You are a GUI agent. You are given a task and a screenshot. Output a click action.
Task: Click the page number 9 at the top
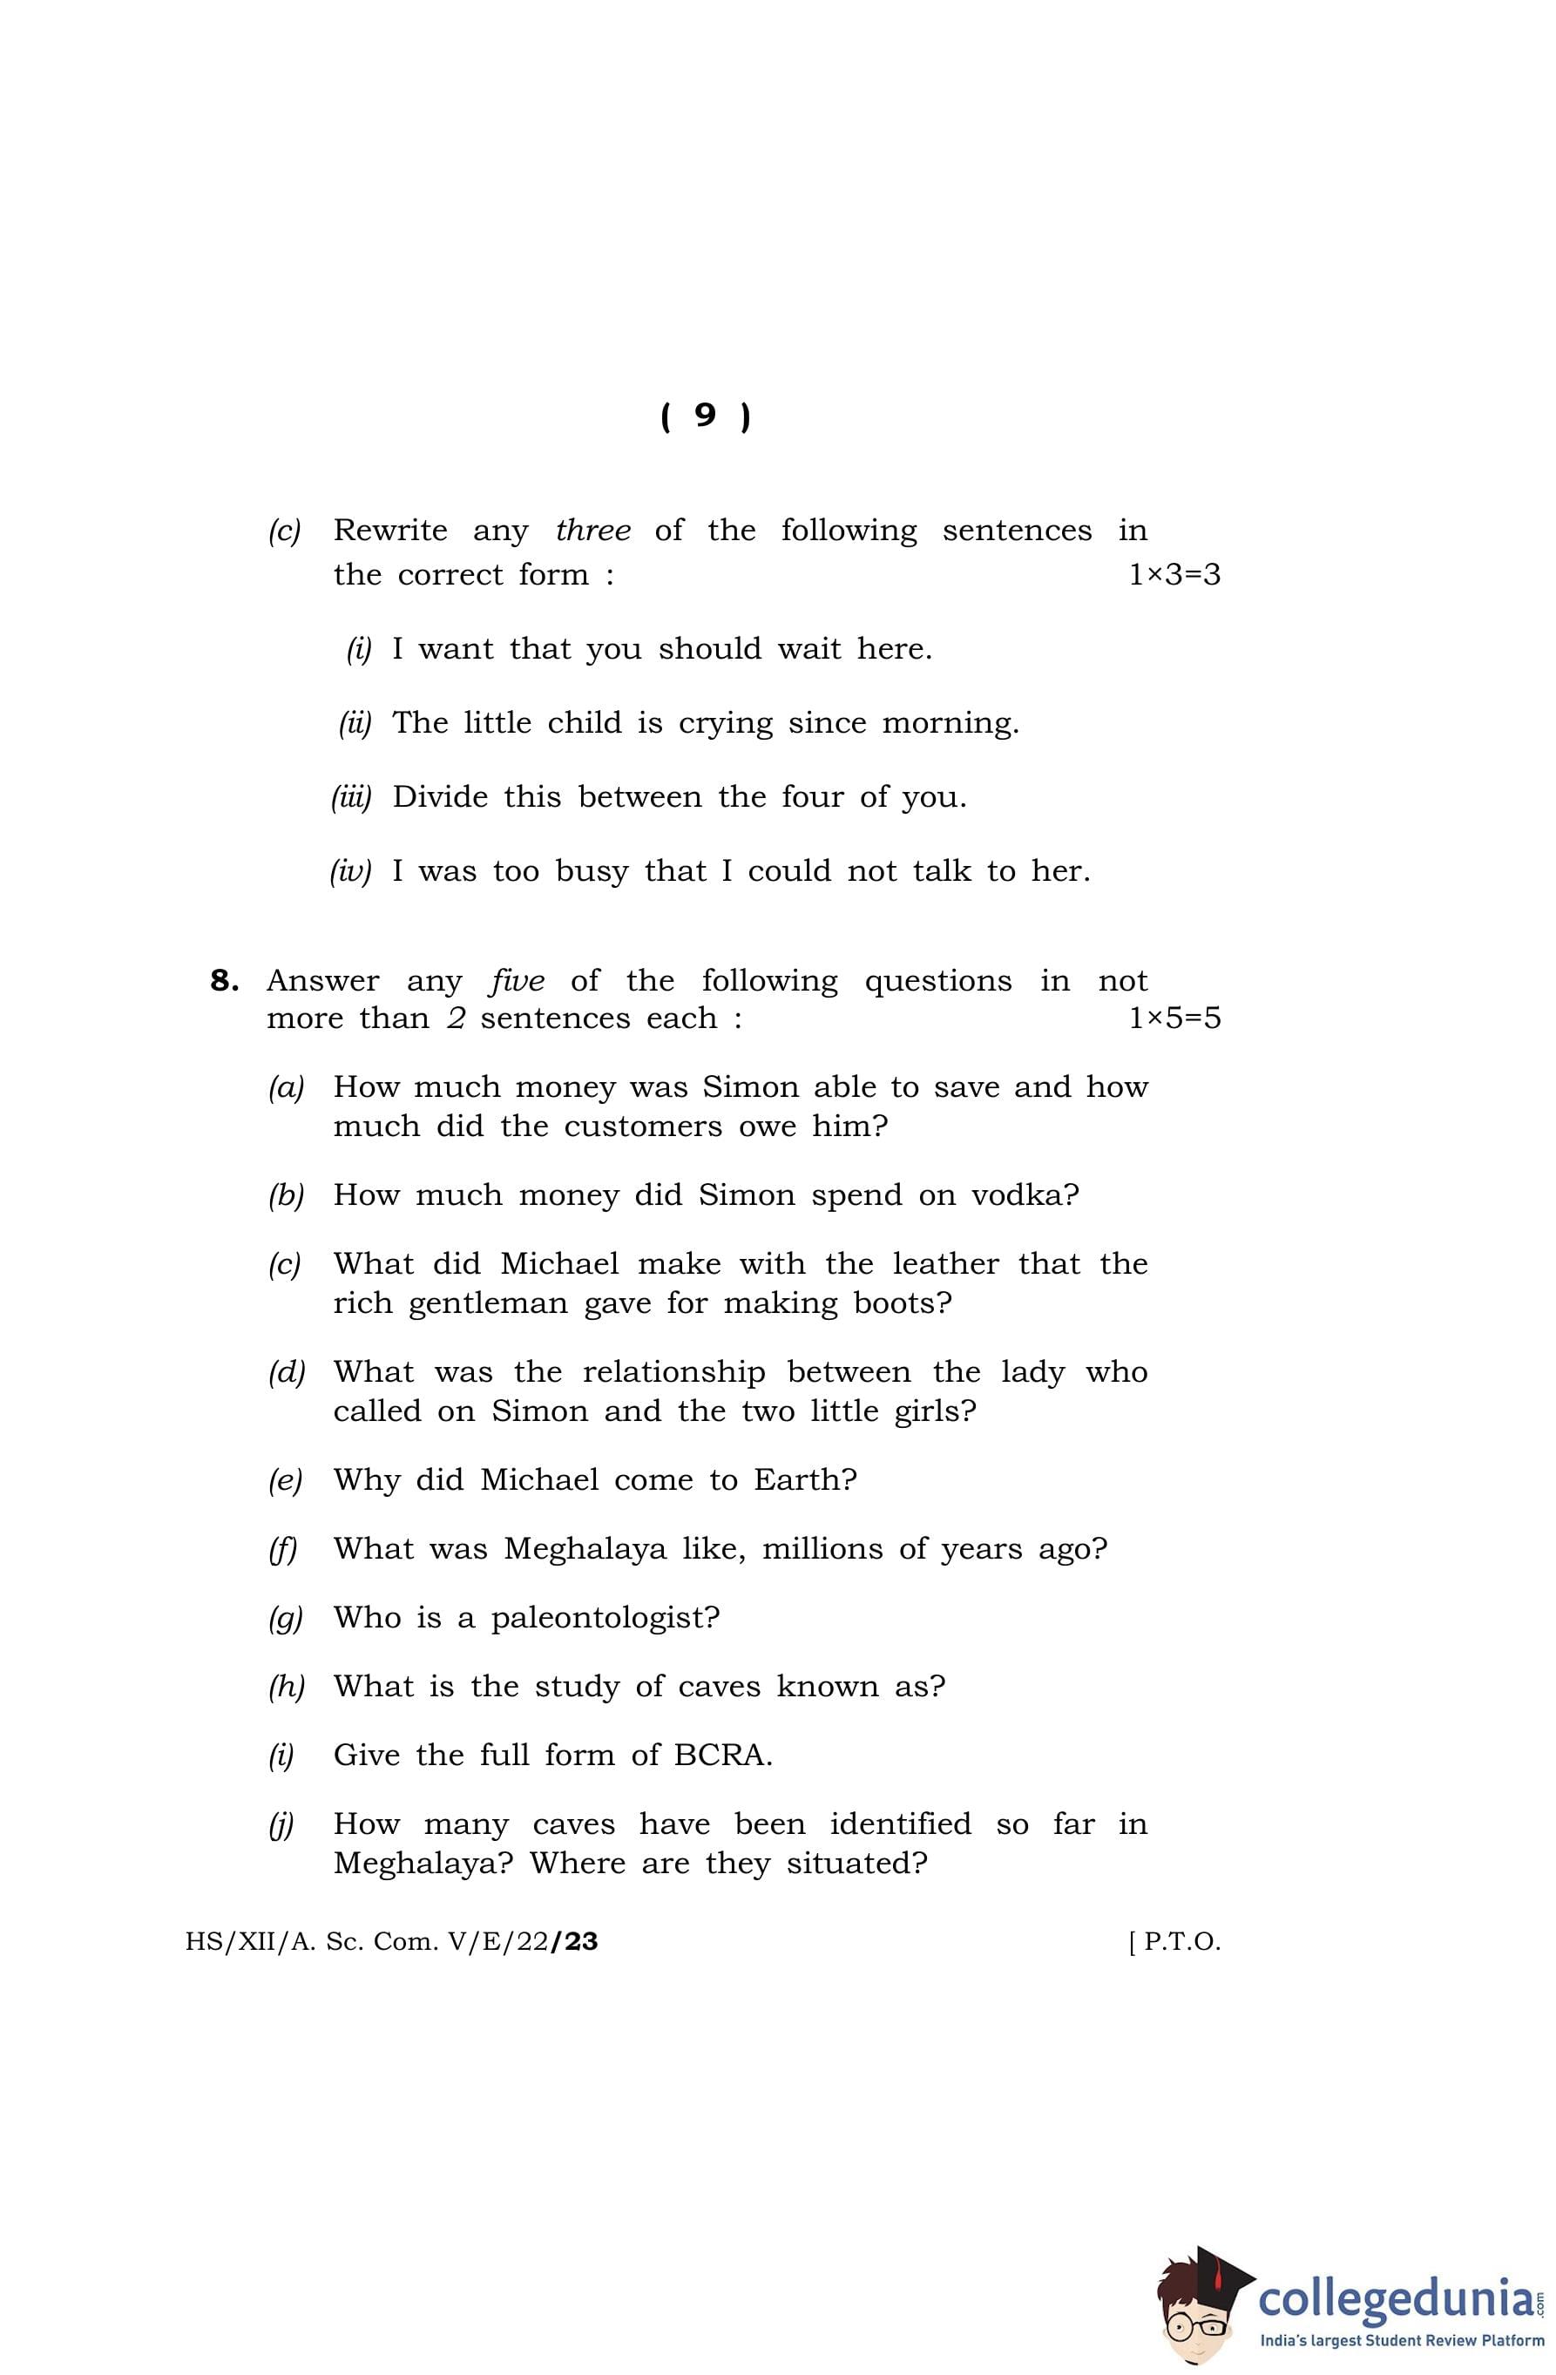click(x=705, y=415)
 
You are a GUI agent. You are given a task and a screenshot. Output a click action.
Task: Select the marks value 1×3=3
click(x=1174, y=575)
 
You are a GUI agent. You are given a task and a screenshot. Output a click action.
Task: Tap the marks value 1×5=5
click(x=1174, y=1018)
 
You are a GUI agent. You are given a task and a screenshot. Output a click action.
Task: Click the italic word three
click(x=592, y=530)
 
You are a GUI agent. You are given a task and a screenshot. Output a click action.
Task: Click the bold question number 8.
click(x=224, y=981)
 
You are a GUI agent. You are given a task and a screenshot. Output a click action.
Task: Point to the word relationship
click(x=673, y=1373)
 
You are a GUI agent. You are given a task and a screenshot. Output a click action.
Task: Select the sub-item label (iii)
click(x=351, y=797)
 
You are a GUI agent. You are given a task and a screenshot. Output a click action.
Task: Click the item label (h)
click(x=286, y=1687)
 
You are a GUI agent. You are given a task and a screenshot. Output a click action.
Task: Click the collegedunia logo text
click(x=1397, y=2300)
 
